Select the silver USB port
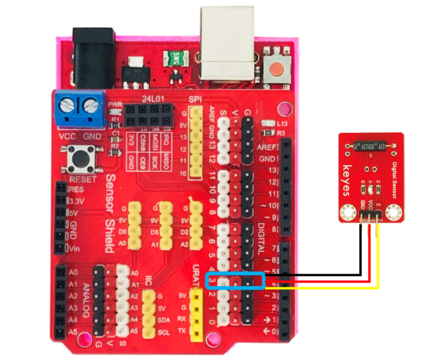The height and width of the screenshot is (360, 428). pyautogui.click(x=227, y=45)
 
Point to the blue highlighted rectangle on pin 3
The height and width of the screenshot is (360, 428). pyautogui.click(x=236, y=281)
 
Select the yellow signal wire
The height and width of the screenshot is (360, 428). pyautogui.click(x=329, y=288)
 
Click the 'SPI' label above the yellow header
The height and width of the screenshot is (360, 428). pyautogui.click(x=195, y=100)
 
